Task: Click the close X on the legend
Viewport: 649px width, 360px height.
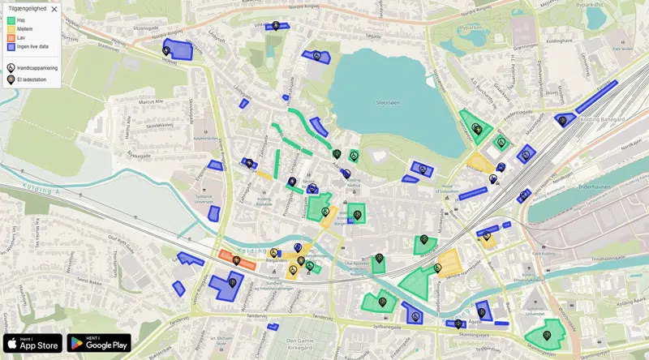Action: pyautogui.click(x=54, y=10)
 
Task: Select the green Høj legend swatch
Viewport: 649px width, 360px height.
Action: pyautogui.click(x=11, y=20)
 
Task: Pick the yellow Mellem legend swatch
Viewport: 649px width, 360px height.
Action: pyautogui.click(x=11, y=29)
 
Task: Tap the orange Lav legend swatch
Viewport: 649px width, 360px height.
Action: pyautogui.click(x=11, y=38)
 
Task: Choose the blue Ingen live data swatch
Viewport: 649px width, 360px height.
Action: pyautogui.click(x=11, y=47)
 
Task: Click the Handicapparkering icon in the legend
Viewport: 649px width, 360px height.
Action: pyautogui.click(x=11, y=68)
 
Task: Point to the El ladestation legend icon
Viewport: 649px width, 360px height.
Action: pyautogui.click(x=11, y=79)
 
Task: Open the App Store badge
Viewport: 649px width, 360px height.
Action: pyautogui.click(x=32, y=344)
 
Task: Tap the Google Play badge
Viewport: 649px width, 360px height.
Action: pyautogui.click(x=99, y=344)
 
